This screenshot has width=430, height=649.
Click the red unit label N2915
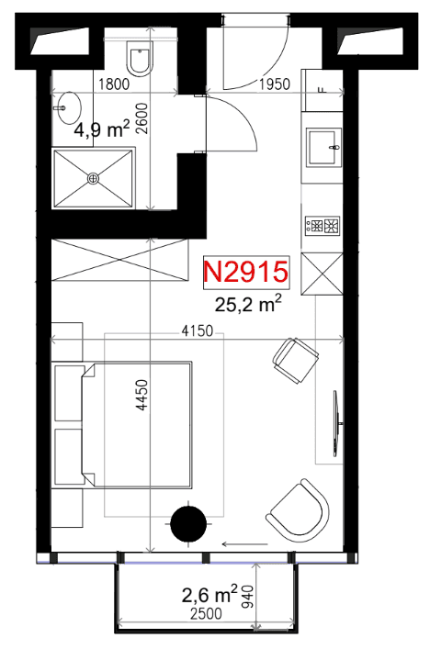pos(245,272)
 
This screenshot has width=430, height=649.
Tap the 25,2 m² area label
pos(248,304)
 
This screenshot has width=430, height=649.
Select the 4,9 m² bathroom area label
pos(102,129)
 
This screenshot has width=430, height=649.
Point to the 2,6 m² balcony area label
pos(209,595)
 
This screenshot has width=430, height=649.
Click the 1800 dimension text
pos(114,84)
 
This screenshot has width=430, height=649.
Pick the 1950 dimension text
pos(274,84)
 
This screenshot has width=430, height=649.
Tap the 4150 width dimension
pos(198,331)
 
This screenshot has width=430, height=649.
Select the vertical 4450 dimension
pos(142,395)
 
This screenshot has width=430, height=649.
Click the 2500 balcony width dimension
pos(206,613)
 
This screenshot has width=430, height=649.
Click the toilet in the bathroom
pos(140,59)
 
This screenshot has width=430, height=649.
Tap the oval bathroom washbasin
pos(69,108)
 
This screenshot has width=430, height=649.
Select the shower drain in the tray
pos(94,178)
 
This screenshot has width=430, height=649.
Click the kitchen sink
pos(323,147)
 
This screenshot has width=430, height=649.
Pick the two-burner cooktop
pos(322,226)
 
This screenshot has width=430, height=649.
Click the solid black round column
pos(189,523)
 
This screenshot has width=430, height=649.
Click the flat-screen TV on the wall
pos(337,423)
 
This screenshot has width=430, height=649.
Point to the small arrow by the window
pos(244,543)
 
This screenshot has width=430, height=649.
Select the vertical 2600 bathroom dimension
pos(142,118)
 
